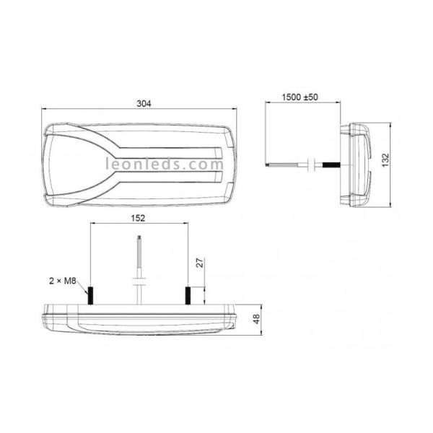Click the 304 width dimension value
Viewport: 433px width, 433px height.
coord(143,103)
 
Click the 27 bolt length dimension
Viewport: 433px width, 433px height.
coord(201,264)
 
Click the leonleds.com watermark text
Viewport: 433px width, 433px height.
coord(165,164)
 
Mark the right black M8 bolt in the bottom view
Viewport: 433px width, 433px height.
coord(188,294)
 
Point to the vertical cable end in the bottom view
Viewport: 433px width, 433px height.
coord(139,249)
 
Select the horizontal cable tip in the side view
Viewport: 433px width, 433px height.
coord(273,165)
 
